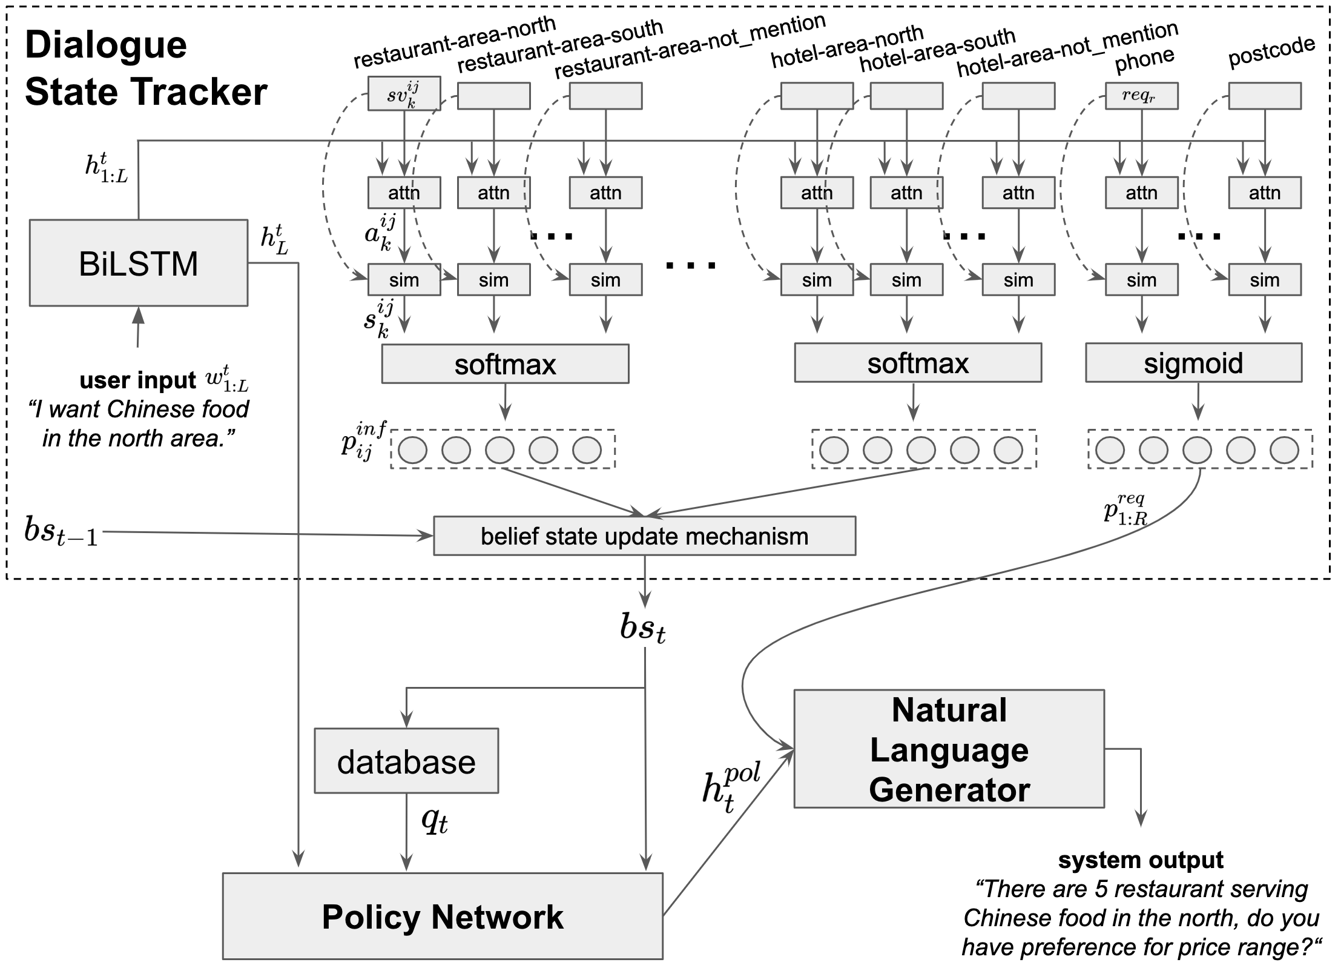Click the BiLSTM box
click(x=139, y=263)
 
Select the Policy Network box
click(x=443, y=916)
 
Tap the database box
click(x=406, y=761)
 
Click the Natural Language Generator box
click(x=949, y=749)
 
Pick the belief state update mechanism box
click(x=645, y=536)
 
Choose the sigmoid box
click(x=1193, y=363)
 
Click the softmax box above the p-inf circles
click(x=505, y=364)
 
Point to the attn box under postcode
click(x=1264, y=193)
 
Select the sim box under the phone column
click(x=1141, y=280)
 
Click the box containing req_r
click(x=1141, y=96)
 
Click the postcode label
click(x=1271, y=51)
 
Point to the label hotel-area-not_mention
click(x=1067, y=49)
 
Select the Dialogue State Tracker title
click(x=146, y=68)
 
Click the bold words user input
click(x=137, y=380)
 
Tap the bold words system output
click(x=1141, y=860)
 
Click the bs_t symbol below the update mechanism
click(x=643, y=628)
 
